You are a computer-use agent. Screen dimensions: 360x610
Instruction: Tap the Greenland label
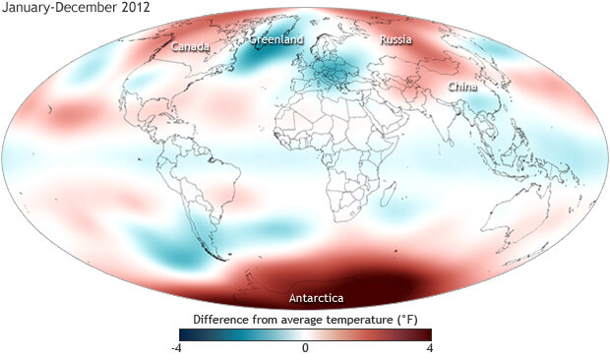coord(276,40)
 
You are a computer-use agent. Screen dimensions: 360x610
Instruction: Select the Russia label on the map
coord(396,41)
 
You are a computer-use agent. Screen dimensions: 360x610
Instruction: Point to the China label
coord(462,87)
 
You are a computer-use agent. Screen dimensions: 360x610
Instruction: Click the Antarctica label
coord(316,297)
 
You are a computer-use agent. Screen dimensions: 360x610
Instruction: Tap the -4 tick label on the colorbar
coord(174,348)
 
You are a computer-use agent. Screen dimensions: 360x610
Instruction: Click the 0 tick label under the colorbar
coord(305,348)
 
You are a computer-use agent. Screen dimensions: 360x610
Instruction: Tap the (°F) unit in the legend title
coord(412,320)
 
